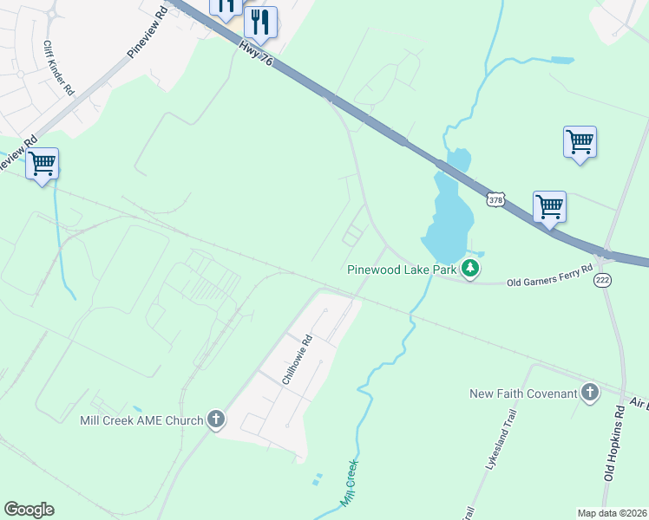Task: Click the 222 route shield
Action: [602, 279]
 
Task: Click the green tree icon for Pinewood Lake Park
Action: [470, 269]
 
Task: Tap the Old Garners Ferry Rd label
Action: [550, 275]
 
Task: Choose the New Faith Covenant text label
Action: [523, 393]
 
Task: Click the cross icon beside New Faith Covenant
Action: [590, 393]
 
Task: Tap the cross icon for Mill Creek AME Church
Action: [216, 421]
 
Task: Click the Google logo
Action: [29, 510]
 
